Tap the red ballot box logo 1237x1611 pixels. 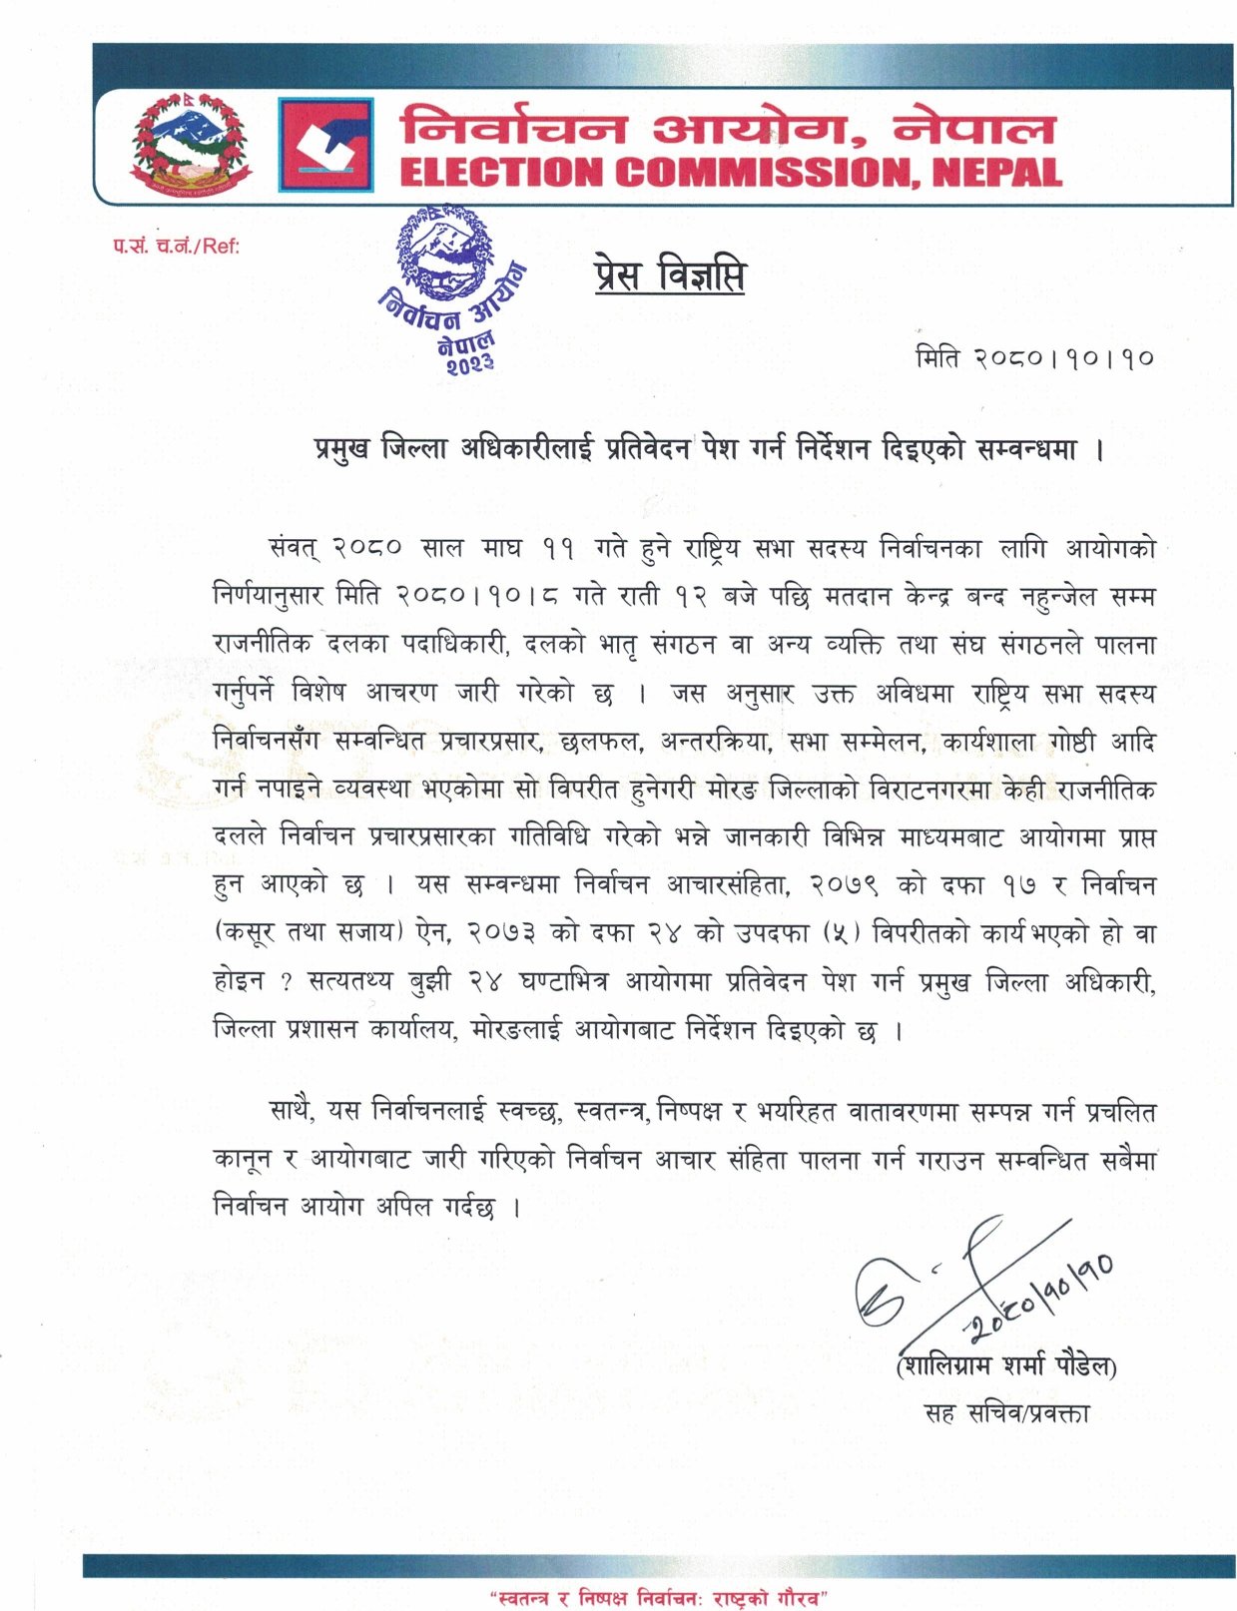click(x=325, y=144)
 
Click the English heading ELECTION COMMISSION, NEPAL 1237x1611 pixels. click(x=730, y=172)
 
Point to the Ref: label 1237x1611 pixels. click(x=176, y=246)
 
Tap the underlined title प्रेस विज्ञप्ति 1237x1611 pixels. click(x=669, y=276)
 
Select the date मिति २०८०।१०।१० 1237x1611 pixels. click(x=1034, y=357)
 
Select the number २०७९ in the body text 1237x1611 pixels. click(x=844, y=885)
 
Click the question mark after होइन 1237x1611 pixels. click(x=287, y=982)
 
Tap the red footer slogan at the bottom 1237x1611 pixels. click(x=659, y=1598)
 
